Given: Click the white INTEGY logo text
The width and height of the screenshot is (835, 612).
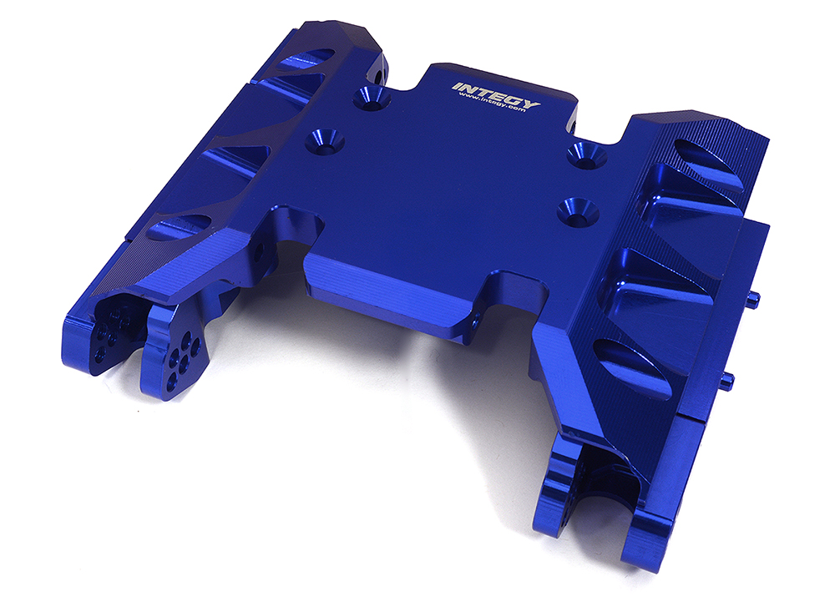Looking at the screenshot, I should (496, 94).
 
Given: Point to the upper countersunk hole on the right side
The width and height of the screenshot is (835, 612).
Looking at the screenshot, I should (587, 154).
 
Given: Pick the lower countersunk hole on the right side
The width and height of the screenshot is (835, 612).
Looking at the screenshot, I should (574, 207).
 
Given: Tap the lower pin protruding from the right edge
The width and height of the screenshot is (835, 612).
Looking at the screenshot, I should (729, 380).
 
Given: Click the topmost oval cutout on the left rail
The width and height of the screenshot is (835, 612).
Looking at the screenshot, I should (304, 60).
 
